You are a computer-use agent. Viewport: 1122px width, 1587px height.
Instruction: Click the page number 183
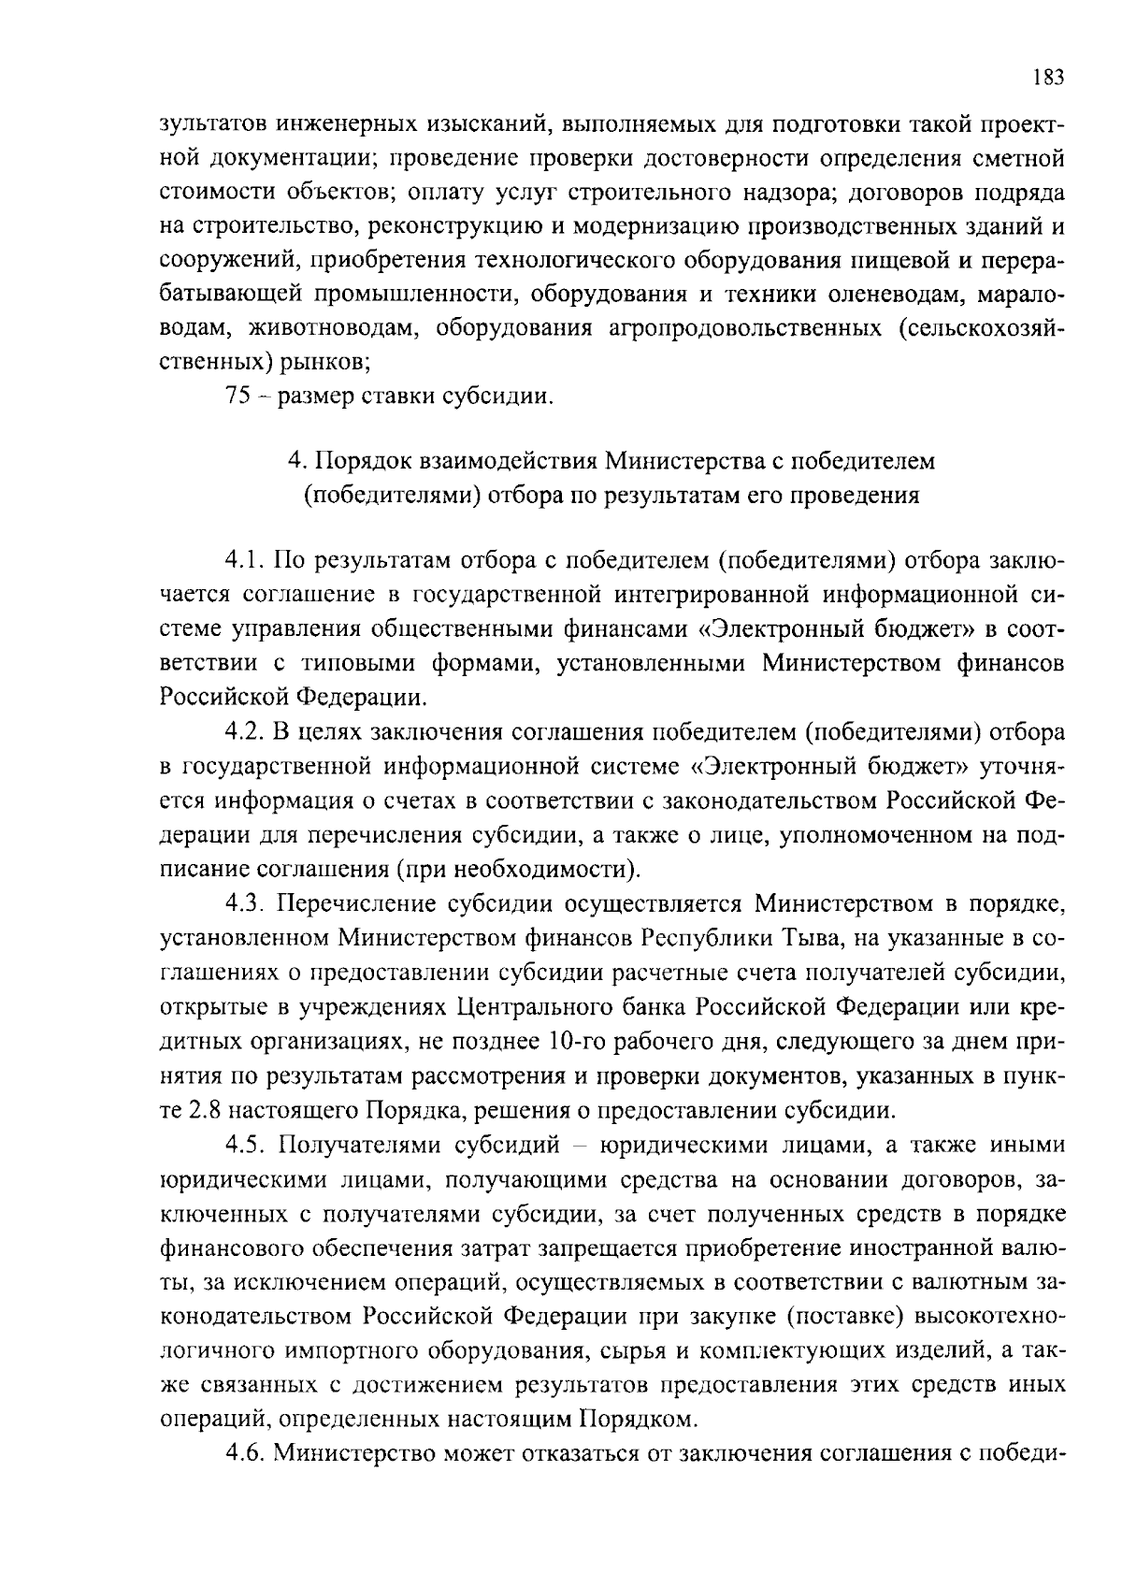1049,78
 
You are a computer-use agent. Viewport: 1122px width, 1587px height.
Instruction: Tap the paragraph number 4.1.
246,561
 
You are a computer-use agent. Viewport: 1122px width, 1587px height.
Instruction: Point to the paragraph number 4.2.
246,730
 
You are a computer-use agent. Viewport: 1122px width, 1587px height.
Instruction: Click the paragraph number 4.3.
246,904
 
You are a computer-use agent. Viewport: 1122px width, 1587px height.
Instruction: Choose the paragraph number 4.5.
246,1145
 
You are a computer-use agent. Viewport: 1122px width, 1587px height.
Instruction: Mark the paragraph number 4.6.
246,1453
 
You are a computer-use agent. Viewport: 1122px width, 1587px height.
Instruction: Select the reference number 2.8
205,1111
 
